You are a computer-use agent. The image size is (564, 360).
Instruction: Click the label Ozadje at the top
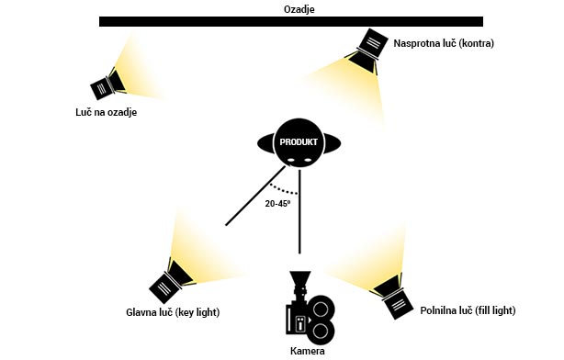click(x=299, y=8)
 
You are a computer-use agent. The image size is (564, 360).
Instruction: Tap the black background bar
click(x=291, y=21)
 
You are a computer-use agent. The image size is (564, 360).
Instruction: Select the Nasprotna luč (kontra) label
click(x=444, y=43)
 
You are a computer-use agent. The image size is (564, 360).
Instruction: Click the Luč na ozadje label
click(x=107, y=112)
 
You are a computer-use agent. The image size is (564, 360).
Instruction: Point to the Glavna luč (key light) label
click(x=173, y=312)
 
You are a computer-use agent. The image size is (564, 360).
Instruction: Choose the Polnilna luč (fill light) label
click(x=468, y=310)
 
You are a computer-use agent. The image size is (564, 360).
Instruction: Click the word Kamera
click(x=307, y=351)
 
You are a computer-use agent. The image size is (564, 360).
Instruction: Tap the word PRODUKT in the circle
click(x=299, y=142)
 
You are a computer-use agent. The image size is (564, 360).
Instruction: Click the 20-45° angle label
click(x=277, y=204)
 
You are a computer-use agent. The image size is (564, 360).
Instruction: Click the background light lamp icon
click(x=107, y=84)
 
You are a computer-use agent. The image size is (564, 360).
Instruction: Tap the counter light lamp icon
click(x=367, y=51)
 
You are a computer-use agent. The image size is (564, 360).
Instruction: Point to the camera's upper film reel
click(x=321, y=309)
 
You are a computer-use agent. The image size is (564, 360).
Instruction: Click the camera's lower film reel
click(x=321, y=332)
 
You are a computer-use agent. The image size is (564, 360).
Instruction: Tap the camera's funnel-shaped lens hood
click(x=299, y=278)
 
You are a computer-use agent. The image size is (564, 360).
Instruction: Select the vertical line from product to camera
click(x=299, y=212)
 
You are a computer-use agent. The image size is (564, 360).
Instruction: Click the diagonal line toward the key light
click(x=255, y=196)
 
